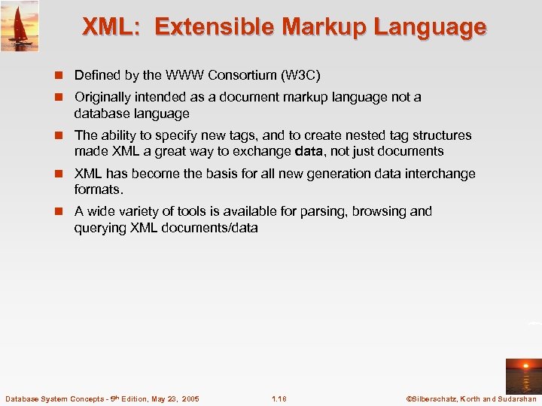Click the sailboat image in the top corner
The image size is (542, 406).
(20, 26)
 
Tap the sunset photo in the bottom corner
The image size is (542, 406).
(523, 373)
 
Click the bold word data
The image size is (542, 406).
(310, 151)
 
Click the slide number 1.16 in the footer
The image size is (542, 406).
(280, 398)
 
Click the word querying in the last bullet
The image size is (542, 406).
(99, 227)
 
